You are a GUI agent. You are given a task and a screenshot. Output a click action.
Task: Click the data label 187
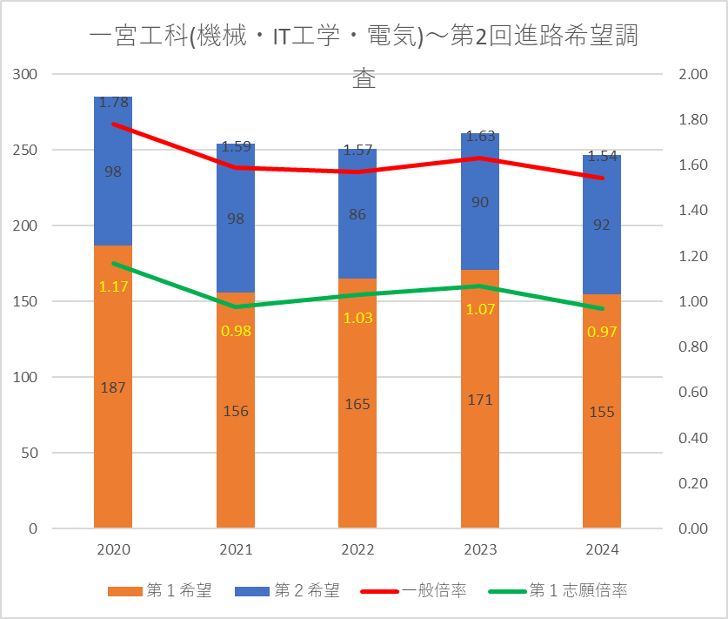113,388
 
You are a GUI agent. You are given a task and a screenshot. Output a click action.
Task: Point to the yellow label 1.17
113,286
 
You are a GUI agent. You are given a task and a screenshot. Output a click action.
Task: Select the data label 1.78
114,102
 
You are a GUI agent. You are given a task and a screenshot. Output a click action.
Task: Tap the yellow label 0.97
602,332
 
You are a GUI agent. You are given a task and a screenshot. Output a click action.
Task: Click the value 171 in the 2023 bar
480,400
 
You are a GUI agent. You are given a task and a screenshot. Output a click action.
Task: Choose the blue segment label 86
357,213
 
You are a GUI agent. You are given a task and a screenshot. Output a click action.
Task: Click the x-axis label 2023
480,550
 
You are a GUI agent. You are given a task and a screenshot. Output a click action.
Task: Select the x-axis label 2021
236,550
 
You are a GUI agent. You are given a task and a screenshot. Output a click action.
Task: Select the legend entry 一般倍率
434,591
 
